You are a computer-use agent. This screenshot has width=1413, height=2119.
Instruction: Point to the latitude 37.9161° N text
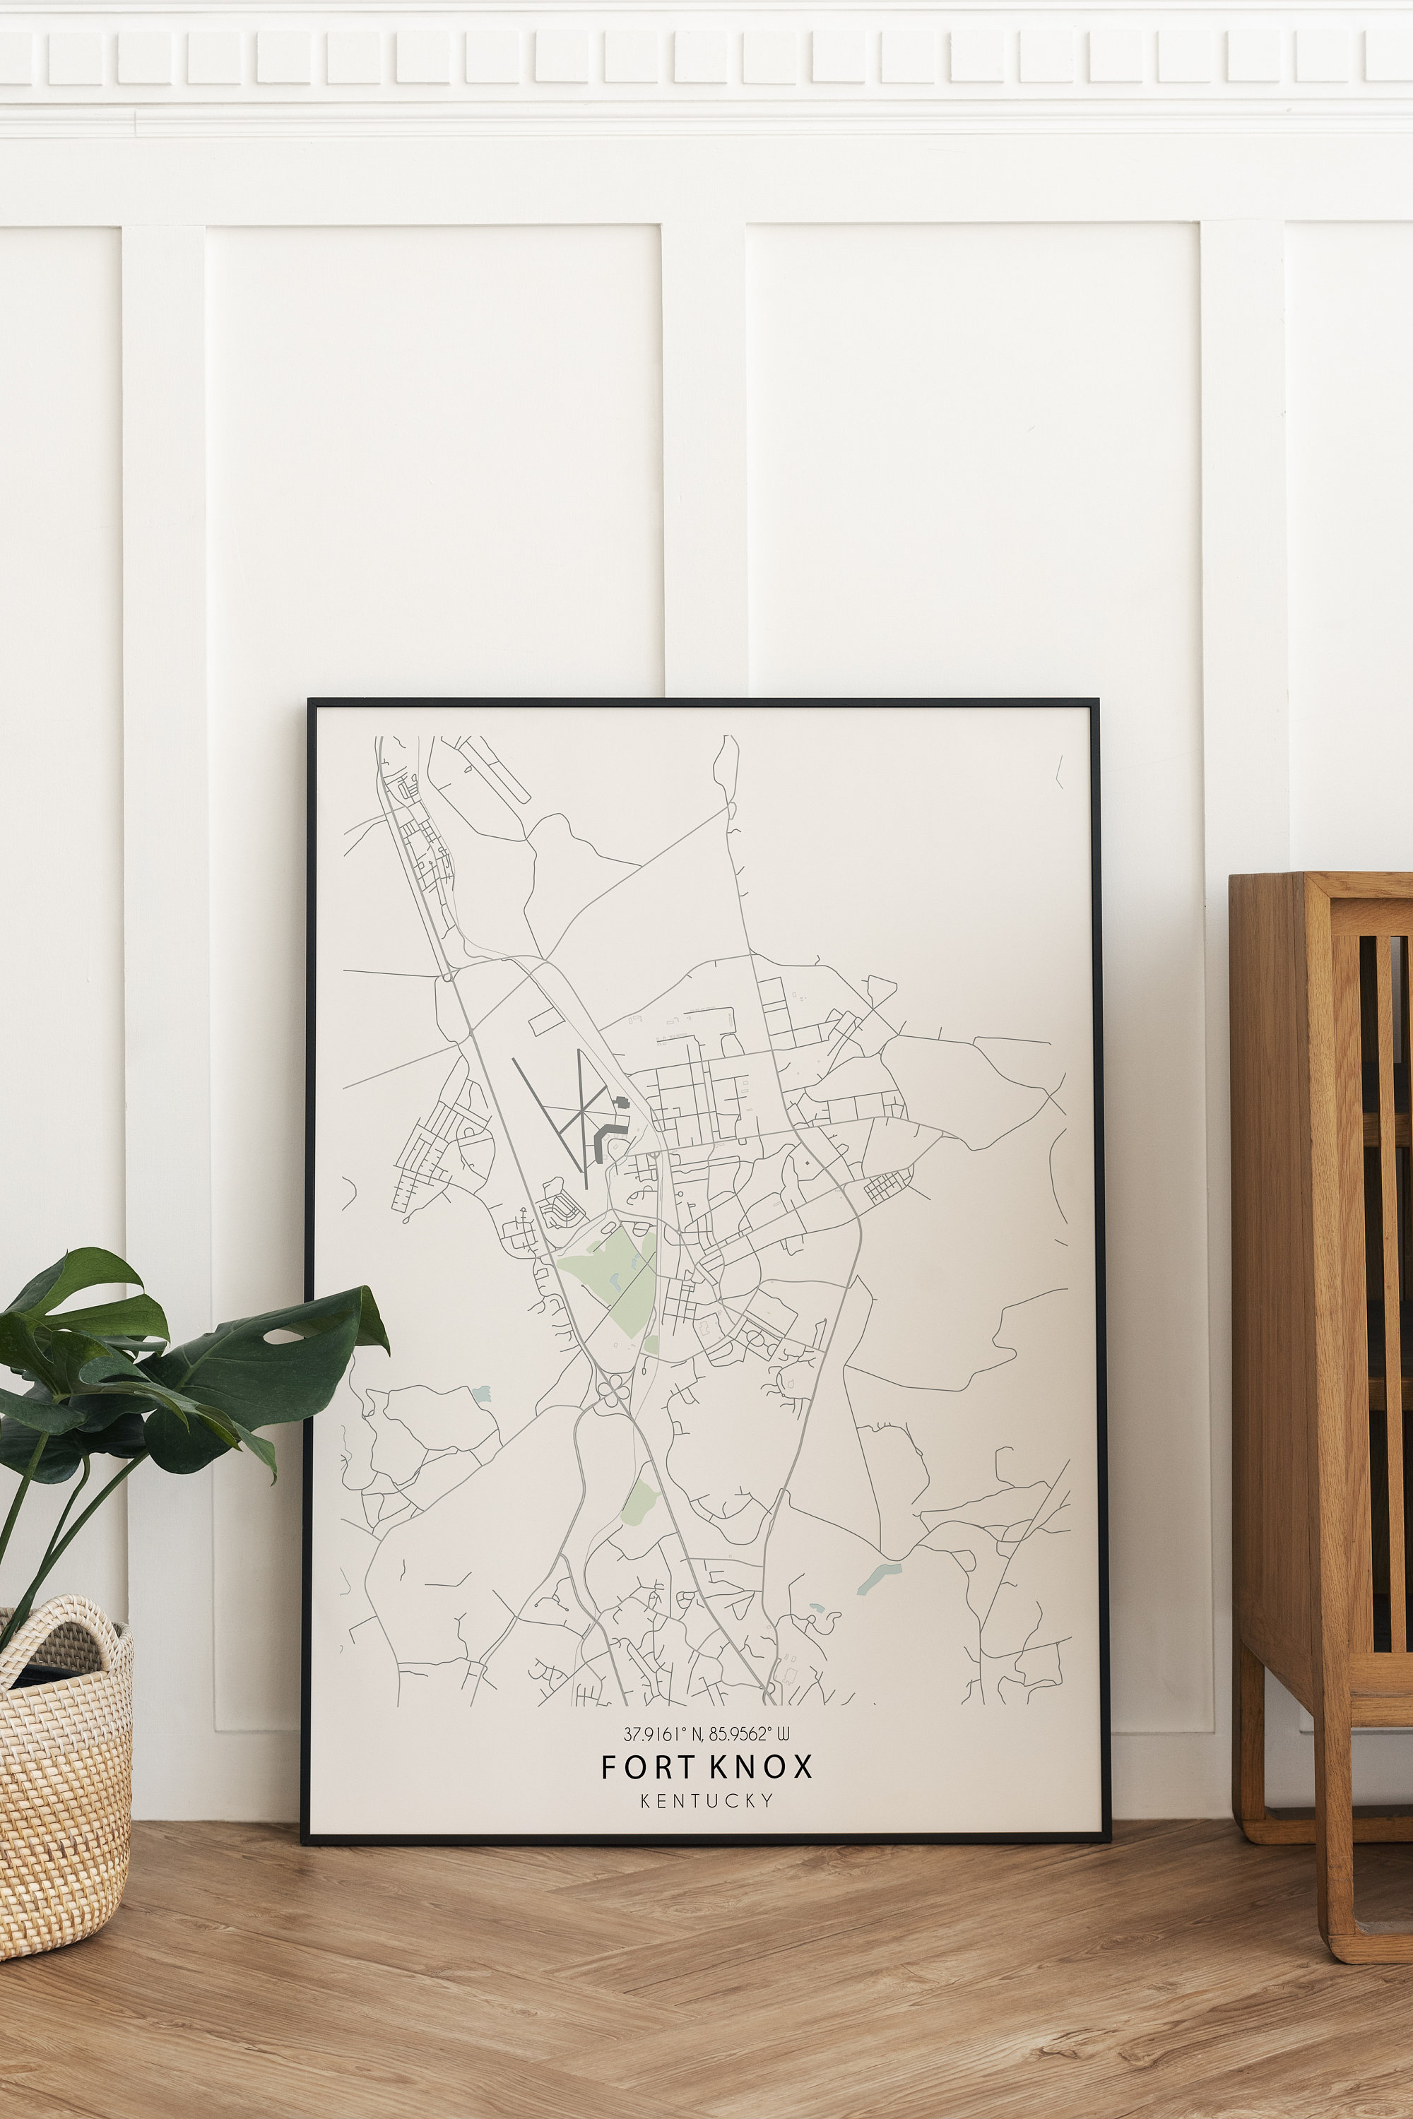click(664, 1734)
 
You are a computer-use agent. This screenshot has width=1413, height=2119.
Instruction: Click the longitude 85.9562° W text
click(748, 1734)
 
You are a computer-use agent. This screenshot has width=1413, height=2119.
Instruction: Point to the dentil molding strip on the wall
click(706, 57)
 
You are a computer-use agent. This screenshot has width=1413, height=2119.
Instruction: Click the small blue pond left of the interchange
click(480, 1394)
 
